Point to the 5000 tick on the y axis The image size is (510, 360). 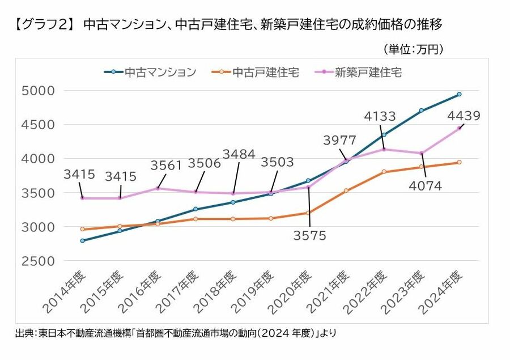tap(38, 91)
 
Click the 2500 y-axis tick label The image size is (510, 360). tap(38, 261)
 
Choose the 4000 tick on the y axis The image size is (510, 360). tap(38, 159)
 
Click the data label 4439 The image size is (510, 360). tap(464, 116)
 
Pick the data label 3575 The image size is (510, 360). tap(309, 236)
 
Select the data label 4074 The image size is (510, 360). tap(422, 185)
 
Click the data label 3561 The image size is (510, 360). tap(166, 165)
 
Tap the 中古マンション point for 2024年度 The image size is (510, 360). tap(459, 94)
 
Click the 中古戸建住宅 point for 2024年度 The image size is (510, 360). tap(459, 162)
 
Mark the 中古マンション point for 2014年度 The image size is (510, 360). tap(83, 240)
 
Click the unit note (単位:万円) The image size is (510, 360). tap(413, 50)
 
